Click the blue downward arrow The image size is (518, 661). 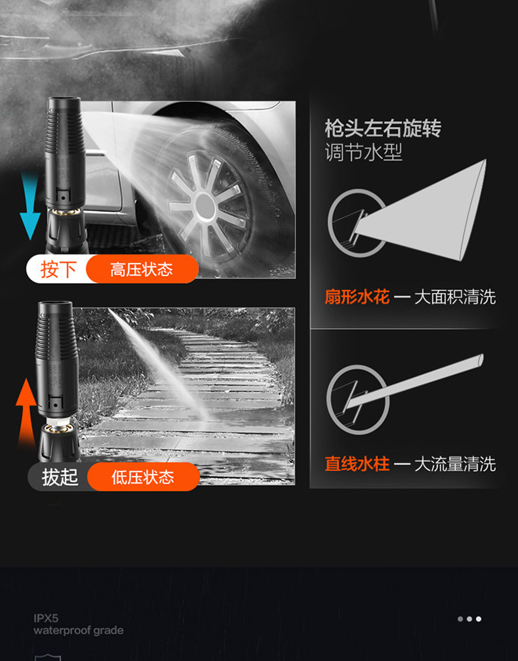(30, 207)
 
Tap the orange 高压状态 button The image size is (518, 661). (142, 269)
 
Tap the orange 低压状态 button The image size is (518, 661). (144, 477)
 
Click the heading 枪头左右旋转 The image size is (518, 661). (383, 128)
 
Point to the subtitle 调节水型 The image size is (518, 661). (363, 152)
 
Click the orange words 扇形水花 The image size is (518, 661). (357, 297)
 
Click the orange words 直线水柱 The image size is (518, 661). (357, 464)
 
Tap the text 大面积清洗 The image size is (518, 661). (455, 297)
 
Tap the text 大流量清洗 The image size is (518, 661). (455, 464)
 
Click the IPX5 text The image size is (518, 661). (46, 618)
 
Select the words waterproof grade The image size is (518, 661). (79, 631)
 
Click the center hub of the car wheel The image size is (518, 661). (205, 205)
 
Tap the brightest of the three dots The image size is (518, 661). (479, 619)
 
